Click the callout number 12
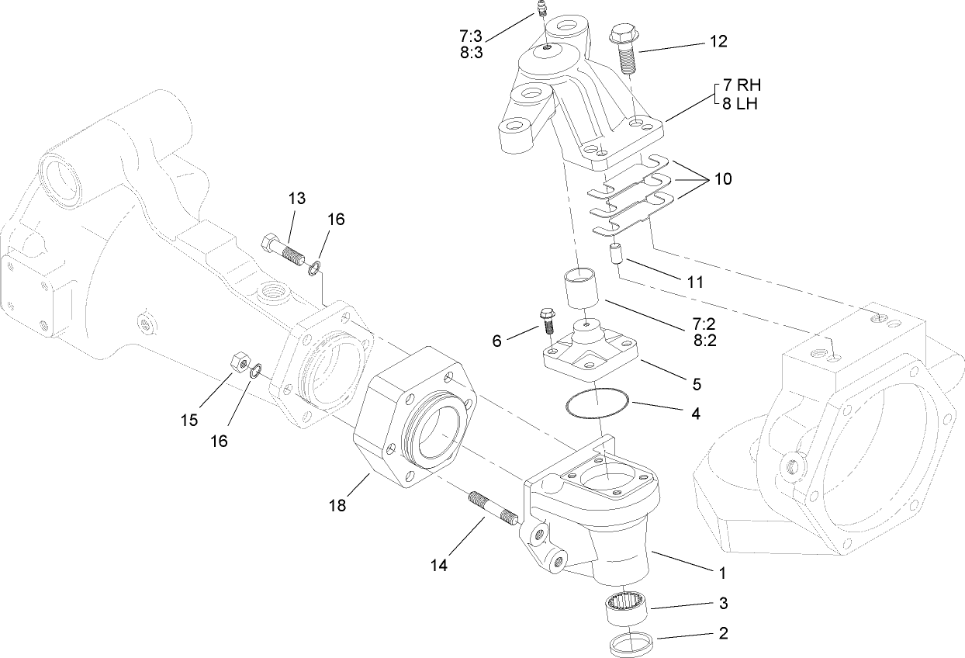point(718,42)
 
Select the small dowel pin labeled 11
point(618,254)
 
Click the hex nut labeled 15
point(239,362)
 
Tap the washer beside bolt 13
point(315,269)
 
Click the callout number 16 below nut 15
point(219,440)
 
